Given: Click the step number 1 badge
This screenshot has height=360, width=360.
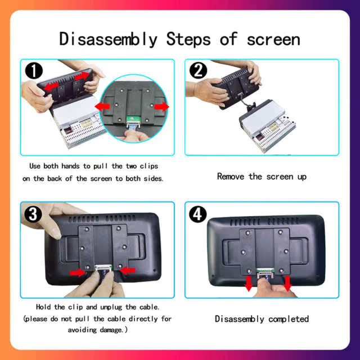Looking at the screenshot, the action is coord(34,71).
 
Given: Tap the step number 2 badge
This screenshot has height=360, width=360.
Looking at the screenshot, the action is coord(198,70).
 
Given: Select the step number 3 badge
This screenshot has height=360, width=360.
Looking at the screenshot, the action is coord(33,214).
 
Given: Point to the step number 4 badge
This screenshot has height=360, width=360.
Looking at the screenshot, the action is coord(197,214).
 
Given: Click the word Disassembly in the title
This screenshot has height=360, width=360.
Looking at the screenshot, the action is coord(109,39).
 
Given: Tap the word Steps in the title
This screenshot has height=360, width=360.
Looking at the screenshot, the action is coord(188,39).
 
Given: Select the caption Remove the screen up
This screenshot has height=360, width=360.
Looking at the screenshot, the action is coord(262,177).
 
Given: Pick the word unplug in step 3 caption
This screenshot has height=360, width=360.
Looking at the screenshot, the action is coord(111,307).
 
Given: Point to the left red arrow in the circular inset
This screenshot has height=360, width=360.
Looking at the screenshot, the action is coord(102,106).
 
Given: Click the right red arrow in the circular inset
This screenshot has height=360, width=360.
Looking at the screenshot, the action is coord(161,106).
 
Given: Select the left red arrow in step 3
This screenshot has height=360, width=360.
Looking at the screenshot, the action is coord(78,273).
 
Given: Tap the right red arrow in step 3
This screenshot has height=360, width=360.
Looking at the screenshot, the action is coord(128,271).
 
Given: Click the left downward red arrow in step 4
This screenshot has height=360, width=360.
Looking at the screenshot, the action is coord(249,283).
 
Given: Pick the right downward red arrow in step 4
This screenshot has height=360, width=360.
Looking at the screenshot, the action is coord(287,283).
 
